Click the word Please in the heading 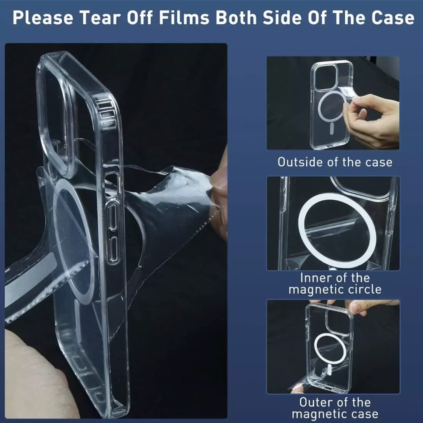point(43,18)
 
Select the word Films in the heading point(184,18)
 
